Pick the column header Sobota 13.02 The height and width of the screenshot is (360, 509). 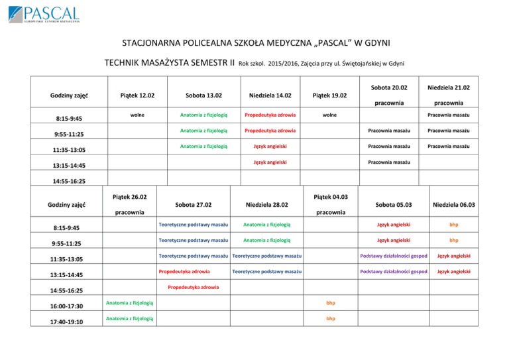tap(203, 95)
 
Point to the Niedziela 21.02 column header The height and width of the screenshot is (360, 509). tap(449, 88)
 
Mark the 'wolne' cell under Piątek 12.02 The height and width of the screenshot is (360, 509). tap(138, 115)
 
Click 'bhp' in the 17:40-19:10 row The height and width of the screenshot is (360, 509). tap(330, 318)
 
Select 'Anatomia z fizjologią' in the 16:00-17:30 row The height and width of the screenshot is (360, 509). tap(131, 303)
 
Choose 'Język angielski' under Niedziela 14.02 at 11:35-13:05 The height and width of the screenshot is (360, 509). tap(268, 146)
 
